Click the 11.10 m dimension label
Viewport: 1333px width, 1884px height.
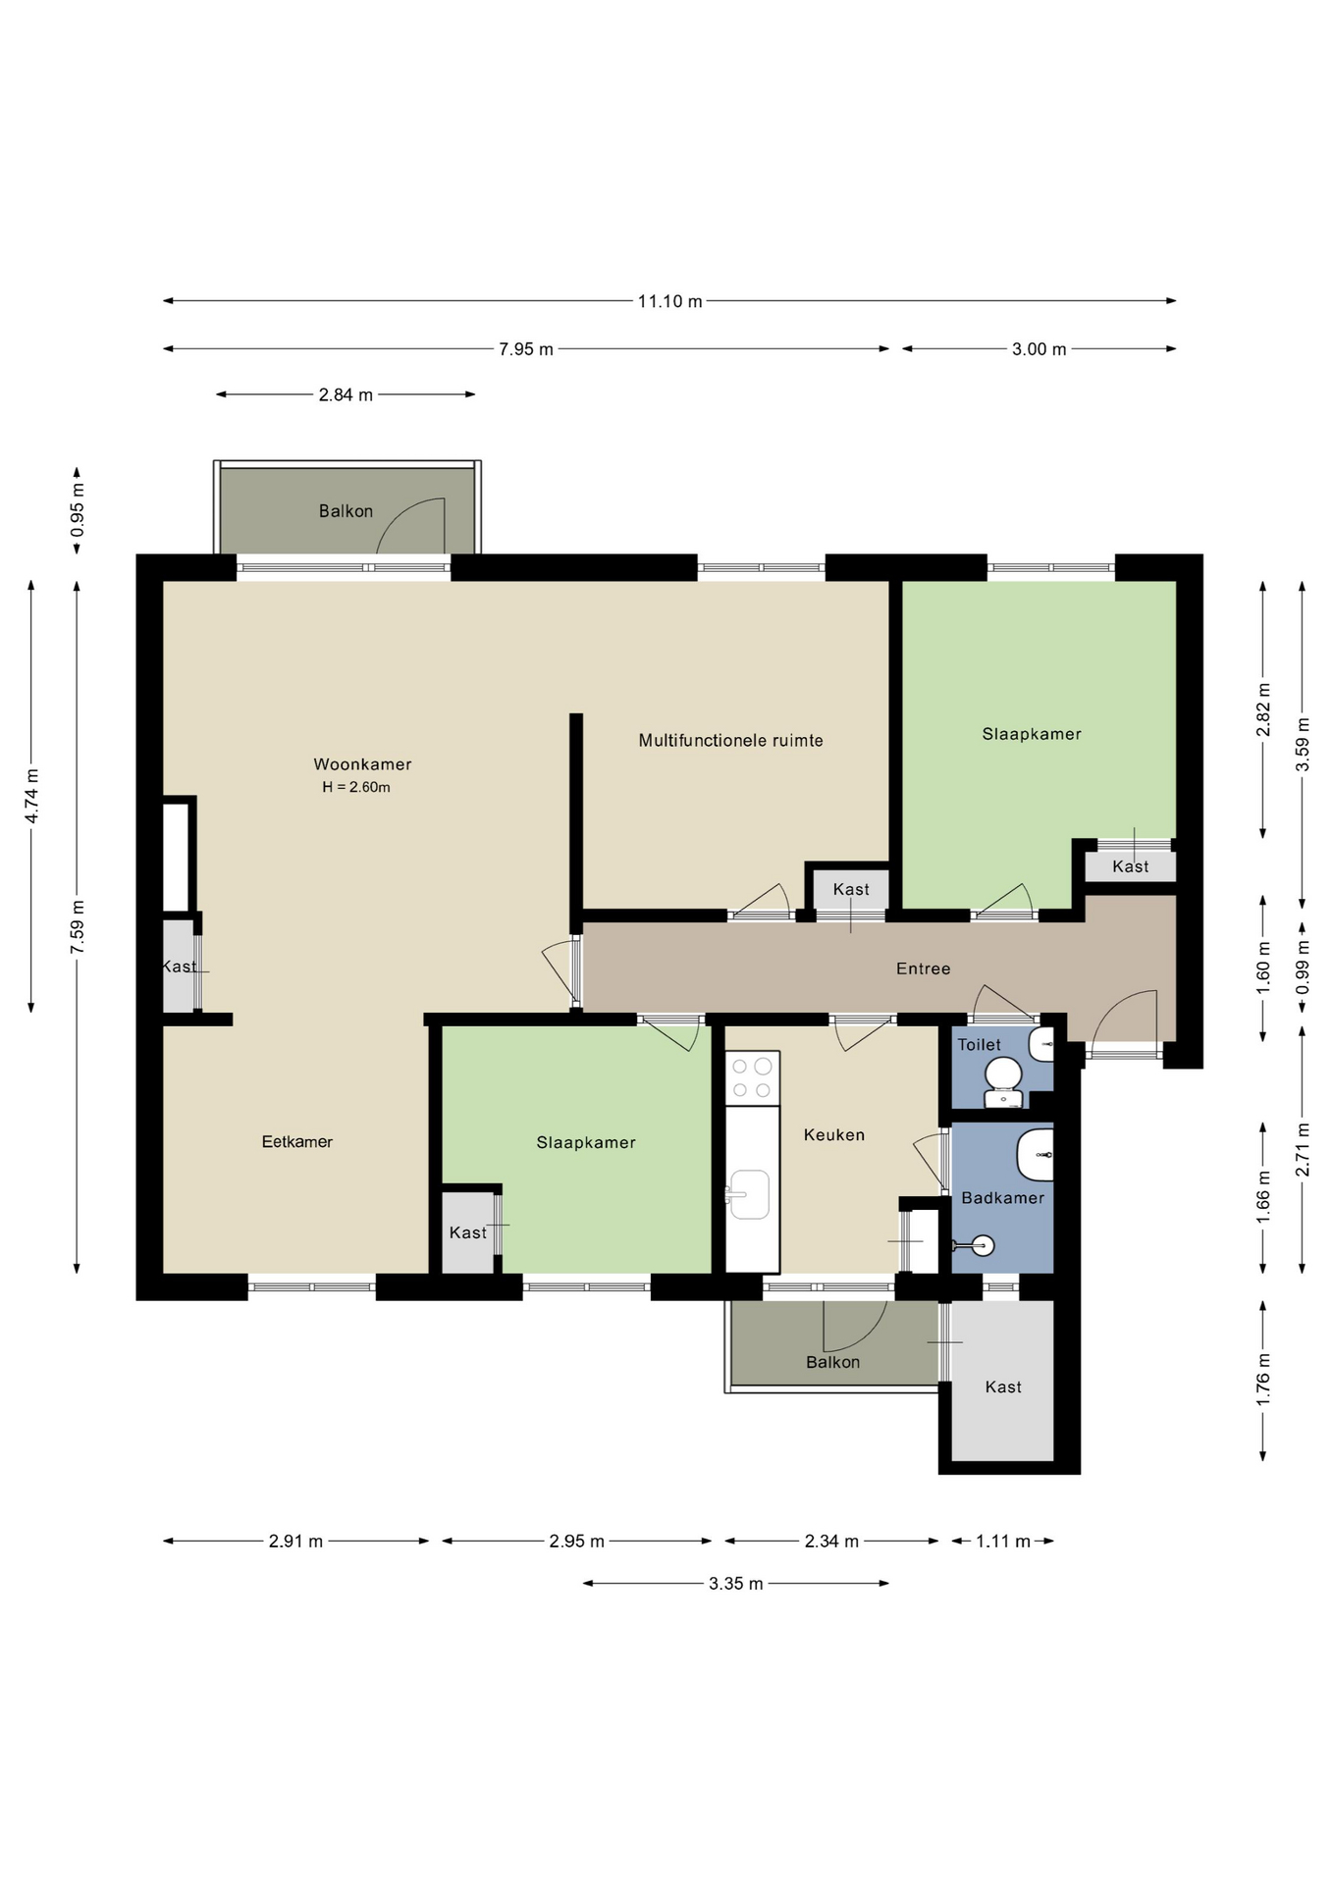[670, 301]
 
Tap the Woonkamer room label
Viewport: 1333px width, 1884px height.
[362, 764]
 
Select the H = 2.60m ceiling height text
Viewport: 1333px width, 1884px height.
[356, 787]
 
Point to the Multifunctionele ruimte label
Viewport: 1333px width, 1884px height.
[731, 741]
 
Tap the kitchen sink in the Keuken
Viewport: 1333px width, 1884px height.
[748, 1194]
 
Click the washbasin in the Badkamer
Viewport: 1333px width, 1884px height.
[1036, 1155]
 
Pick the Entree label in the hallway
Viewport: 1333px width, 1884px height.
[924, 968]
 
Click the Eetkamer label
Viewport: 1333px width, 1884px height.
[297, 1141]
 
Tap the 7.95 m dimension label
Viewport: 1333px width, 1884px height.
[526, 349]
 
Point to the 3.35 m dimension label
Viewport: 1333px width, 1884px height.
[736, 1584]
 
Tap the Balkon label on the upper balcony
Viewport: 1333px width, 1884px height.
[346, 511]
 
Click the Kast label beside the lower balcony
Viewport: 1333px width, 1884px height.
[1003, 1387]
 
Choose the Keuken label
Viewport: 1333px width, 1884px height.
[834, 1135]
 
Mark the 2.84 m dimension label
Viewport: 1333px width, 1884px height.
[346, 395]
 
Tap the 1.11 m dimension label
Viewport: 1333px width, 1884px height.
[1003, 1542]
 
